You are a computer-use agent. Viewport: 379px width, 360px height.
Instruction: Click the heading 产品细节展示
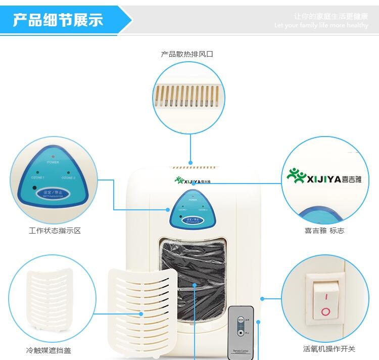click(58, 20)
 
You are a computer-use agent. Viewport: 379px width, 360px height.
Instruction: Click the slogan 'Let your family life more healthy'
click(321, 25)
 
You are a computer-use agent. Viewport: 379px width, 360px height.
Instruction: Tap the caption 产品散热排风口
click(187, 54)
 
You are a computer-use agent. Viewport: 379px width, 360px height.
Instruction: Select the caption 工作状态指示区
click(55, 231)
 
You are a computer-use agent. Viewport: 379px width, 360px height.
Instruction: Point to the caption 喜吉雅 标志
click(324, 231)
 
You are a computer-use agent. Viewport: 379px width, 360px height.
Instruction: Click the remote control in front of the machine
click(241, 332)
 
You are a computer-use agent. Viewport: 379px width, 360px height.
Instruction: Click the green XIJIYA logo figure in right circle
click(297, 176)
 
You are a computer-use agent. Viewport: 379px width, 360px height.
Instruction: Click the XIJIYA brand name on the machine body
click(194, 179)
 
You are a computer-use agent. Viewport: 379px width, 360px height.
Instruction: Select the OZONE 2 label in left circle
click(68, 178)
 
